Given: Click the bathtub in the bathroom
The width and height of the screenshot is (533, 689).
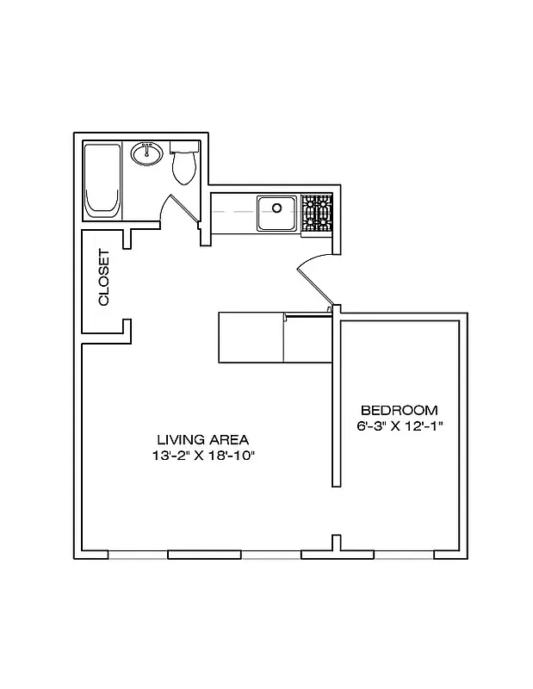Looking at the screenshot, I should point(102,182).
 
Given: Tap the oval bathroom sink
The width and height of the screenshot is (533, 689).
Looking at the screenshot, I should point(147,155).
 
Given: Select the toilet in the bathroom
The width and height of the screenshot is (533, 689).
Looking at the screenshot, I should point(183,168).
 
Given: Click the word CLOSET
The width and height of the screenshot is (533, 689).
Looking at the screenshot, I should point(104,277).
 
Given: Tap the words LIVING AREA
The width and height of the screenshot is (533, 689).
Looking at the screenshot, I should point(203,439).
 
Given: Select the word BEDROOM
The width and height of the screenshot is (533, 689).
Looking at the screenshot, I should point(399,410).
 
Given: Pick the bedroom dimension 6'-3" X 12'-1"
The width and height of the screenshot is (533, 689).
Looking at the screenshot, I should point(399,426).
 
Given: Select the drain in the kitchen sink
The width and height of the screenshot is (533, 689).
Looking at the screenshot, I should point(277,208).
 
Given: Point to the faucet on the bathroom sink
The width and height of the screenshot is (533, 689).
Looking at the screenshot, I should point(147,147).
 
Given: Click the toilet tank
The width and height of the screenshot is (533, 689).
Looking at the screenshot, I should point(183,148).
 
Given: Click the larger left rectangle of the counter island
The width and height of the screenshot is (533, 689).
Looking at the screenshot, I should point(251,338).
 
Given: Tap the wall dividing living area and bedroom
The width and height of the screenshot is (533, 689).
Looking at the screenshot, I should point(337,405).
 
